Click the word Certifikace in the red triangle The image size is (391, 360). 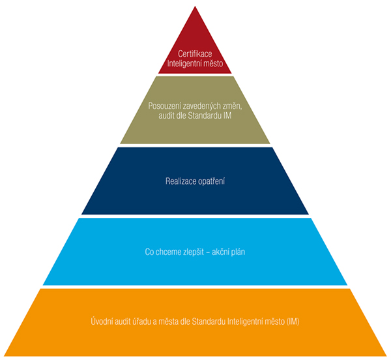(x=195, y=53)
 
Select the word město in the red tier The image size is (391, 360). (x=212, y=64)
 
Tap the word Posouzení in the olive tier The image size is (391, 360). (x=165, y=106)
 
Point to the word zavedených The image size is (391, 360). (x=202, y=106)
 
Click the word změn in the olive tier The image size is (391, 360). (x=233, y=106)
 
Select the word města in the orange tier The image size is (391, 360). (x=169, y=322)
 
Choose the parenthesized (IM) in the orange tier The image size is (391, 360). (x=293, y=322)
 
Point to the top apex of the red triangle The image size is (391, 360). (x=195, y=7)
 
